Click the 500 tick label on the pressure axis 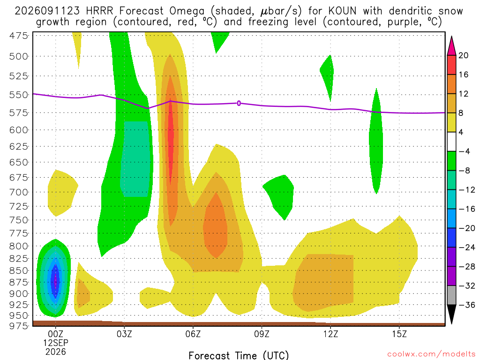(x=19, y=57)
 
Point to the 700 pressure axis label (x=19, y=193)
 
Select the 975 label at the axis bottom (x=19, y=326)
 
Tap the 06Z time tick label (x=193, y=334)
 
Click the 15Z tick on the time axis (x=399, y=334)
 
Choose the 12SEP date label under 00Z (x=55, y=343)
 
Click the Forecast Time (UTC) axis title (x=239, y=355)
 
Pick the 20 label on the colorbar (x=463, y=55)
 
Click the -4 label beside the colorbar (x=464, y=151)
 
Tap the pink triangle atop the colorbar (x=451, y=46)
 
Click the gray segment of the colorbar (x=451, y=295)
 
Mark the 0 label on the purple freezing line (x=239, y=104)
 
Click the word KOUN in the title (x=342, y=11)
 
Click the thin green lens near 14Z (x=376, y=141)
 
